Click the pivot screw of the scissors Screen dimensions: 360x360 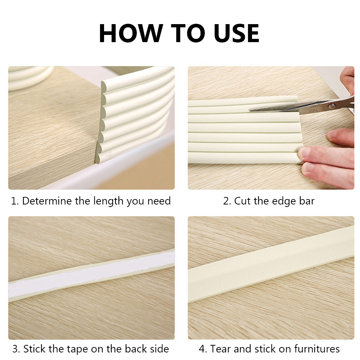click(x=332, y=105)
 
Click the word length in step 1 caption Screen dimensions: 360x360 click(x=108, y=201)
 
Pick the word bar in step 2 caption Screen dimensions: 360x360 click(x=306, y=201)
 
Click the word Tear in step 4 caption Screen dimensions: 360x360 click(x=221, y=348)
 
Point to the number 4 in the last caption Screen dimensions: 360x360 click(x=202, y=348)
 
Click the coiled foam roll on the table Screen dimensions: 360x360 click(x=29, y=77)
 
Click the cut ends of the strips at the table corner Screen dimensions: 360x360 click(x=102, y=122)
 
